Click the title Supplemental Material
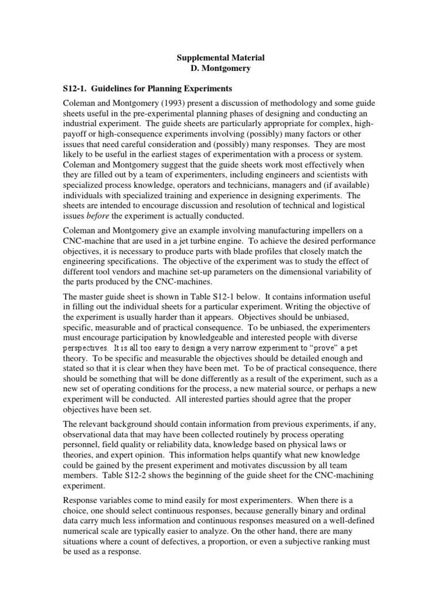[x=220, y=58]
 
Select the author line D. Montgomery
[x=220, y=69]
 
